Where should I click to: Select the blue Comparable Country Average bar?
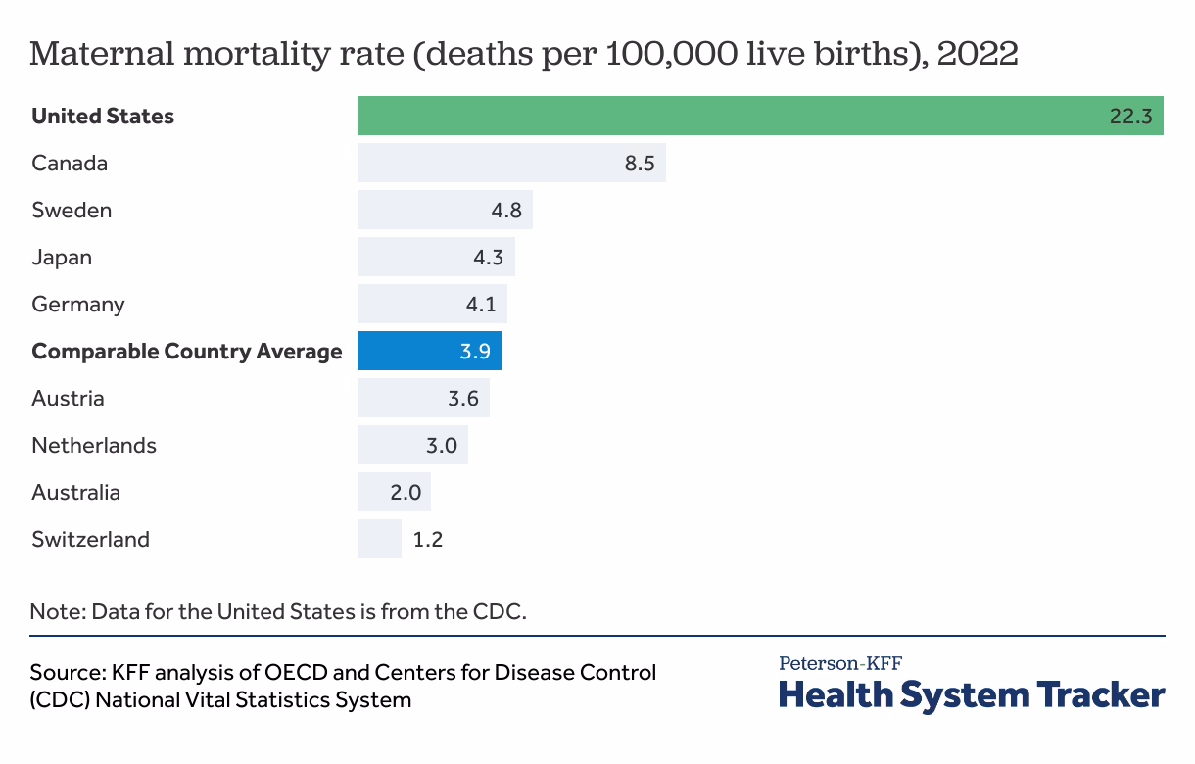pyautogui.click(x=429, y=351)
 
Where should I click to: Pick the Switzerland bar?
pyautogui.click(x=379, y=539)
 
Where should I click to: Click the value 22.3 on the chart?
pyautogui.click(x=1129, y=116)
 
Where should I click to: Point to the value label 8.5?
pyautogui.click(x=639, y=163)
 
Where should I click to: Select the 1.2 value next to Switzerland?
pyautogui.click(x=428, y=539)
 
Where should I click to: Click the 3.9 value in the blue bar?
pyautogui.click(x=475, y=351)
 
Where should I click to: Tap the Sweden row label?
pyautogui.click(x=72, y=210)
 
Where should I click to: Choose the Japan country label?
pyautogui.click(x=62, y=257)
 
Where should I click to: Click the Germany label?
pyautogui.click(x=78, y=304)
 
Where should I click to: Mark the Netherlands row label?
pyautogui.click(x=94, y=445)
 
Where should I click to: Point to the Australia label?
pyautogui.click(x=76, y=492)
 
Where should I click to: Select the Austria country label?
pyautogui.click(x=68, y=398)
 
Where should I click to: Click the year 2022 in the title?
pyautogui.click(x=977, y=54)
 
